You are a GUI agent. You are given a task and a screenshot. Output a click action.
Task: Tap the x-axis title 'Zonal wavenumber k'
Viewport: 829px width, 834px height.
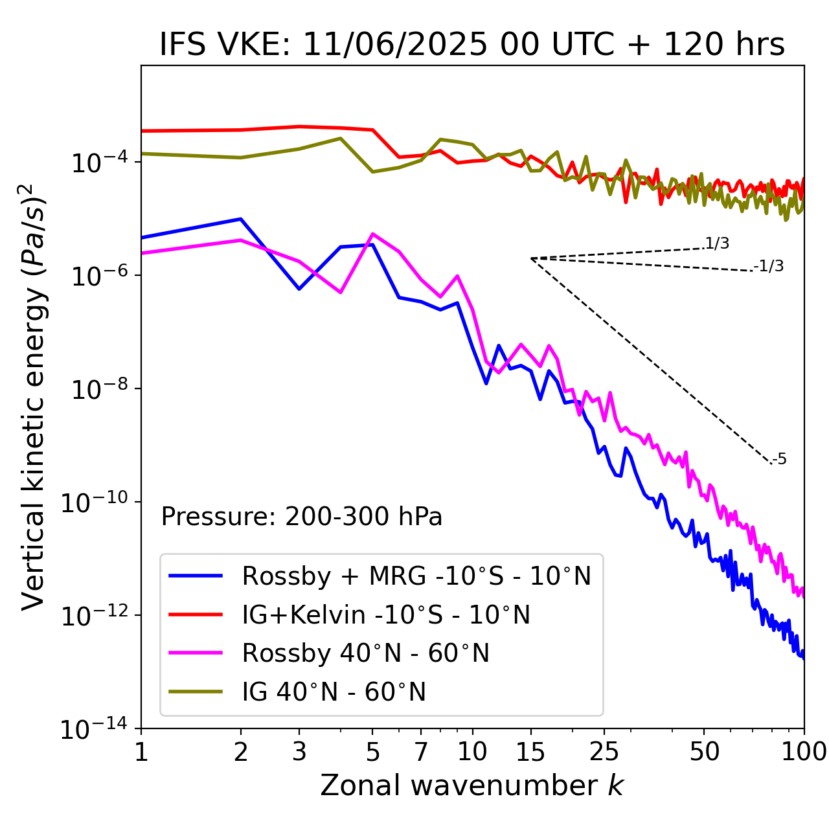pyautogui.click(x=471, y=785)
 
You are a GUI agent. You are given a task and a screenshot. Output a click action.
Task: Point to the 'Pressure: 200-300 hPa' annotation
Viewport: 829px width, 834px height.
pyautogui.click(x=301, y=517)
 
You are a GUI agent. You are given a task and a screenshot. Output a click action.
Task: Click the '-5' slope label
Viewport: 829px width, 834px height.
pyautogui.click(x=779, y=459)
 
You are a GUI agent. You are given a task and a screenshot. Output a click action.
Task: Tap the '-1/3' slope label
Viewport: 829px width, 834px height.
pyautogui.click(x=769, y=266)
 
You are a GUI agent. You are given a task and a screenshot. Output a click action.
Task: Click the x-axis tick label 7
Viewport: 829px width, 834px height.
pyautogui.click(x=421, y=752)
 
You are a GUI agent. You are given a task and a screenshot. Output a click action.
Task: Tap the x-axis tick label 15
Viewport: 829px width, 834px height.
pyautogui.click(x=530, y=752)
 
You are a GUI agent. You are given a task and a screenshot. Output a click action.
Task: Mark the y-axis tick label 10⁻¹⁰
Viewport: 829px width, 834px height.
pyautogui.click(x=95, y=502)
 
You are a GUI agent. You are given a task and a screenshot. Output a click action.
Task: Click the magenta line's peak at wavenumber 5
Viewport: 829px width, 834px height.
pyautogui.click(x=372, y=234)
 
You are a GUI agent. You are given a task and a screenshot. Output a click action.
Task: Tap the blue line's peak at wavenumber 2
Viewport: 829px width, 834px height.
pyautogui.click(x=241, y=219)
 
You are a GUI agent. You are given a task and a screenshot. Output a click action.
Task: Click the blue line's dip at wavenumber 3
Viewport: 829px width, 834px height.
pyautogui.click(x=299, y=289)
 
